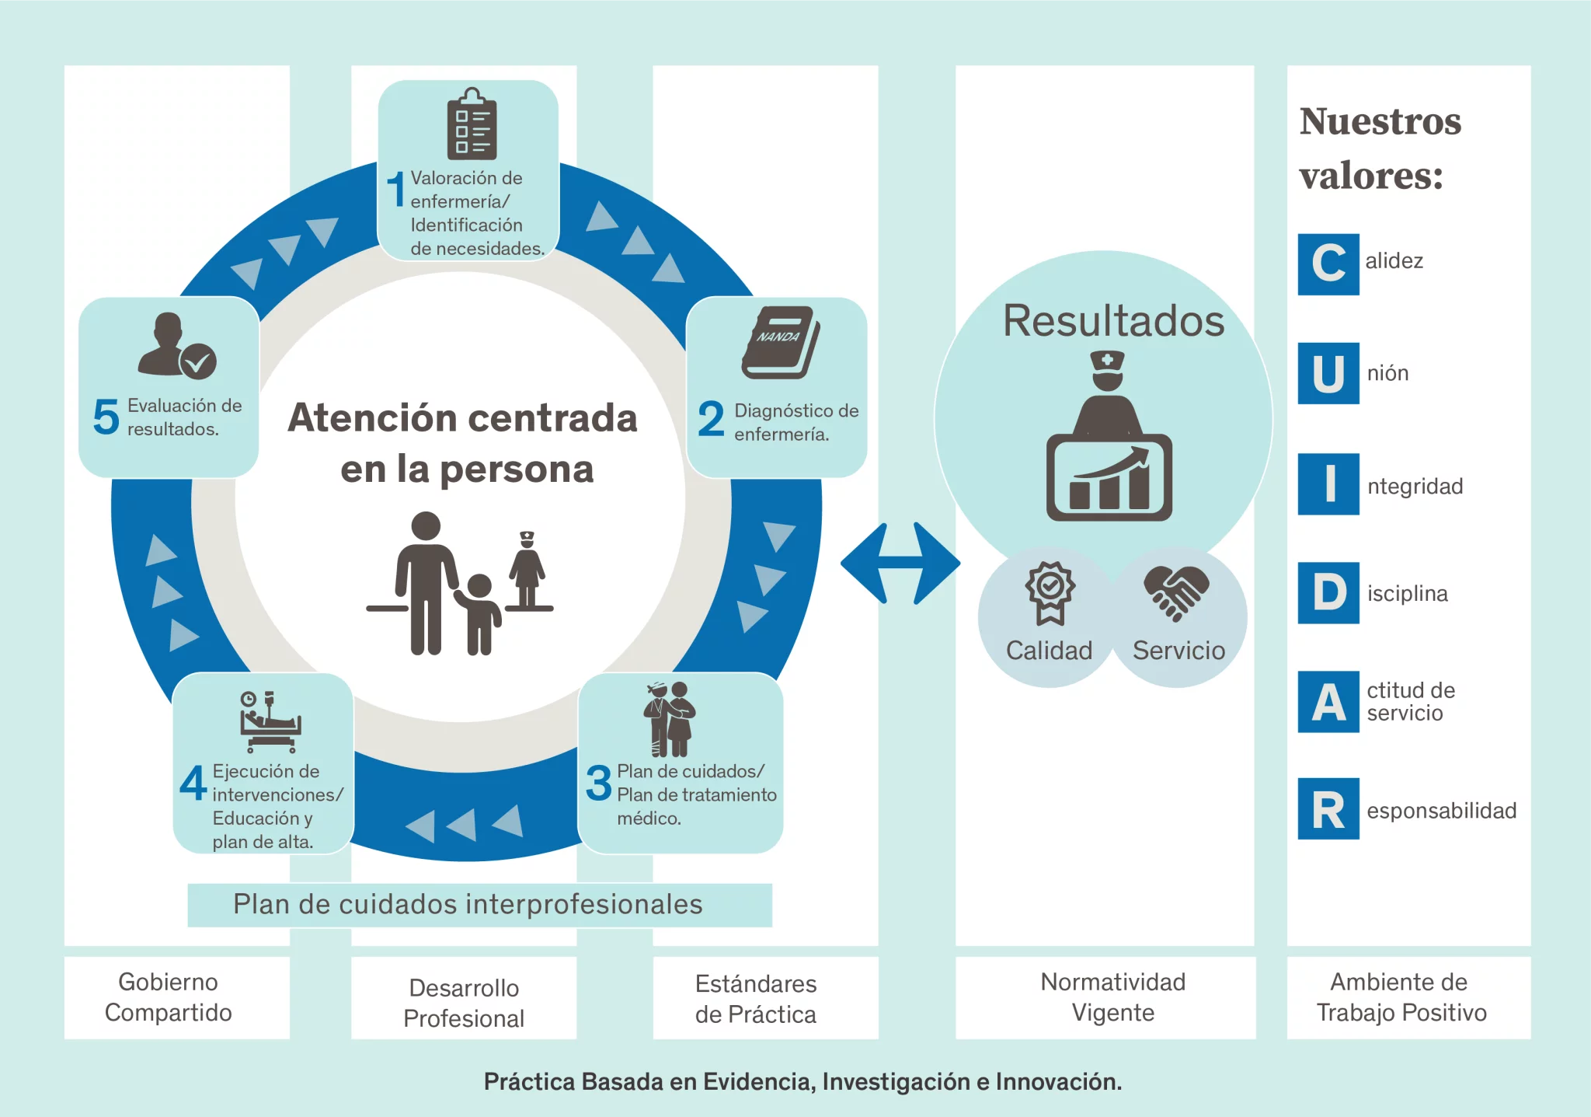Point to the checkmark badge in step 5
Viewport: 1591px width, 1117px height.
pyautogui.click(x=198, y=361)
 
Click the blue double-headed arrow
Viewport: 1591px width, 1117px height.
pyautogui.click(x=900, y=564)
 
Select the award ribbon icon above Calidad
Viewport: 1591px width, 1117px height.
pyautogui.click(x=1050, y=592)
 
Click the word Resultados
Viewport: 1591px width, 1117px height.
pyautogui.click(x=1113, y=320)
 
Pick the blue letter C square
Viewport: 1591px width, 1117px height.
pyautogui.click(x=1328, y=264)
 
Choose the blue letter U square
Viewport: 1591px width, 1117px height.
pyautogui.click(x=1328, y=373)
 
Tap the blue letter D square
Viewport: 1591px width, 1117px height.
pyautogui.click(x=1328, y=593)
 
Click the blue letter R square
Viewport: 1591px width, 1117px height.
pyautogui.click(x=1328, y=809)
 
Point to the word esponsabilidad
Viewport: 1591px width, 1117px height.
pyautogui.click(x=1441, y=811)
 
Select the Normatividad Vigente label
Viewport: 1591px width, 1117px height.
pyautogui.click(x=1112, y=997)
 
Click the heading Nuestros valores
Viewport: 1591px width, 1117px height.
pyautogui.click(x=1380, y=148)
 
